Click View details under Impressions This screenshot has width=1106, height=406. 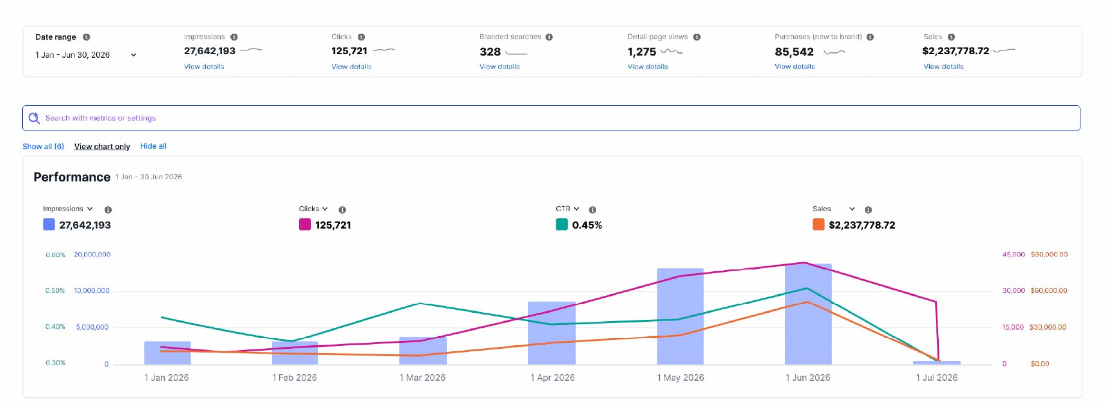pos(204,67)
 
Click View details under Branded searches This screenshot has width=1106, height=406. pos(499,67)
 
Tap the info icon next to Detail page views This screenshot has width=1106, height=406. pos(696,37)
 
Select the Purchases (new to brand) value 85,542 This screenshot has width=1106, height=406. pos(794,52)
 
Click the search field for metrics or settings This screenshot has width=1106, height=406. pos(551,118)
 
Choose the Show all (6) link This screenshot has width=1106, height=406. pos(43,146)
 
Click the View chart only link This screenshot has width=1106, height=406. pos(102,146)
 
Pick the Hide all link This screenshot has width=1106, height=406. pos(153,146)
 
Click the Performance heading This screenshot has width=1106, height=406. pos(72,177)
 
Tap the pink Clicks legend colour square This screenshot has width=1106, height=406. pos(305,224)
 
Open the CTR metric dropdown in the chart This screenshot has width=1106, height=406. pos(568,209)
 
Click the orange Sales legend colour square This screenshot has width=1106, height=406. pos(819,224)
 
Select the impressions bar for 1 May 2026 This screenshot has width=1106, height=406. pos(680,316)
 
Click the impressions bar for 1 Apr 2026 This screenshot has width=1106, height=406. pos(551,333)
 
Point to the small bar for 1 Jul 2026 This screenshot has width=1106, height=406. pos(936,363)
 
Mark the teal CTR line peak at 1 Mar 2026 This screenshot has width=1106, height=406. pos(420,303)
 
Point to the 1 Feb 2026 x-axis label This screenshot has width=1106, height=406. pos(295,378)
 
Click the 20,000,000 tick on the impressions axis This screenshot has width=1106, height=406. pos(92,254)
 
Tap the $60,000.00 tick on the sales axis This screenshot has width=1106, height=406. pos(1049,291)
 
